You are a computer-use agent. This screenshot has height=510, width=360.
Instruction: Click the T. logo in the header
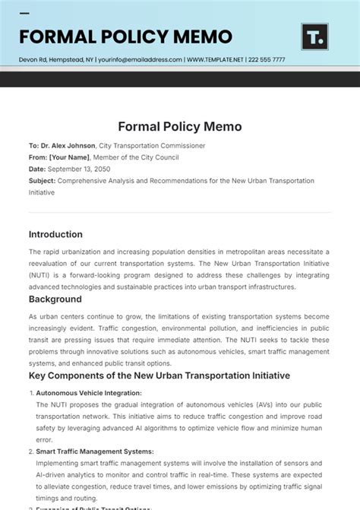pyautogui.click(x=314, y=36)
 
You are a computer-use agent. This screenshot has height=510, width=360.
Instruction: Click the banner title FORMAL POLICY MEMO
pyautogui.click(x=125, y=36)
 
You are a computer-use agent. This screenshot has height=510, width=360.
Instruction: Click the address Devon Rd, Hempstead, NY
pyautogui.click(x=65, y=59)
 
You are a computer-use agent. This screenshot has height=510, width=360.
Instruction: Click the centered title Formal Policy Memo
pyautogui.click(x=179, y=126)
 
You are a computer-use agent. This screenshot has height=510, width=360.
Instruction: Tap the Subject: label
pyautogui.click(x=42, y=181)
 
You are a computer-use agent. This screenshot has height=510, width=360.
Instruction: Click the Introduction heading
pyautogui.click(x=55, y=234)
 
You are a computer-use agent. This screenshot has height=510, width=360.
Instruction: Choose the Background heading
pyautogui.click(x=55, y=299)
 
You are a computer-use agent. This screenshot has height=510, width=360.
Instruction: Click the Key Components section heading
pyautogui.click(x=159, y=375)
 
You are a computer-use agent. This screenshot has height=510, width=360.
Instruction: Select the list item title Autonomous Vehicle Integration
pyautogui.click(x=89, y=393)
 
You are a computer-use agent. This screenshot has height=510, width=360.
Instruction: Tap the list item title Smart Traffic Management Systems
pyautogui.click(x=95, y=451)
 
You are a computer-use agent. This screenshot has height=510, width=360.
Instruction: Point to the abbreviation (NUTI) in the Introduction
pyautogui.click(x=41, y=275)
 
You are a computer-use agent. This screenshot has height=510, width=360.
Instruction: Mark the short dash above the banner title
pyautogui.click(x=24, y=14)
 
